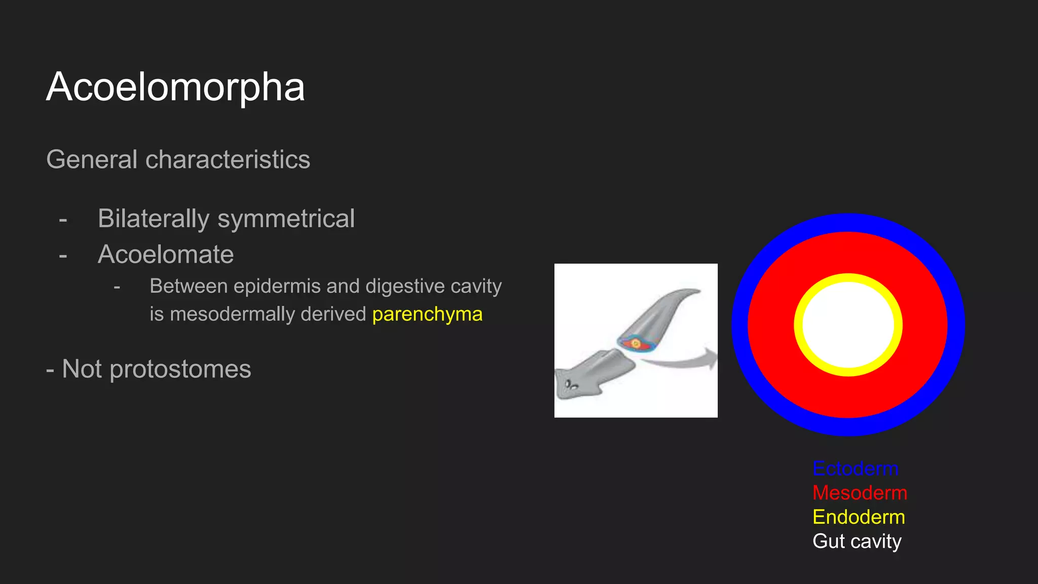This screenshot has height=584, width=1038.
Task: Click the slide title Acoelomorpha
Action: point(175,87)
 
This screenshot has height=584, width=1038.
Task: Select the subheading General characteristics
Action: point(178,159)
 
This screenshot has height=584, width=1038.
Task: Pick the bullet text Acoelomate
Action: point(166,254)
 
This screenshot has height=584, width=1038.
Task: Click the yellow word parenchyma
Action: point(427,314)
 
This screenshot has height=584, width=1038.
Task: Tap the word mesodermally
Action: point(232,314)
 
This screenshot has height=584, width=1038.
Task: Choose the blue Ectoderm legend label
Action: point(855,468)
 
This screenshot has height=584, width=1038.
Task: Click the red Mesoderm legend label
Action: point(860,493)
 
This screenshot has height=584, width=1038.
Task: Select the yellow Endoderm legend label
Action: point(859,517)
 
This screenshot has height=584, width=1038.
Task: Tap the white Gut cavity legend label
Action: point(857,541)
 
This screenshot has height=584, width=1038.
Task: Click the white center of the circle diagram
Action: point(848,325)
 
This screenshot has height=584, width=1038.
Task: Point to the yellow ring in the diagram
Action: point(848,278)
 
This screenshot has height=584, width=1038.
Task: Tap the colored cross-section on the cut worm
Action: point(635,344)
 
